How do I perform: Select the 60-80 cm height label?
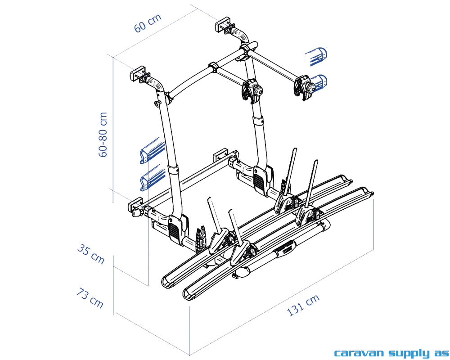pyautogui.click(x=103, y=134)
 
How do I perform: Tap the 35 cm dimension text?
pyautogui.click(x=91, y=254)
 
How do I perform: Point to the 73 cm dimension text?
pyautogui.click(x=90, y=298)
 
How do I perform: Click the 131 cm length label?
pyautogui.click(x=303, y=305)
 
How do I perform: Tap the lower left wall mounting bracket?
pyautogui.click(x=136, y=207)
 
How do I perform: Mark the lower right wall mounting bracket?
pyautogui.click(x=222, y=155)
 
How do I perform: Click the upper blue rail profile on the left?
pyautogui.click(x=151, y=150)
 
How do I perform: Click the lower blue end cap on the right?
pyautogui.click(x=319, y=82)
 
